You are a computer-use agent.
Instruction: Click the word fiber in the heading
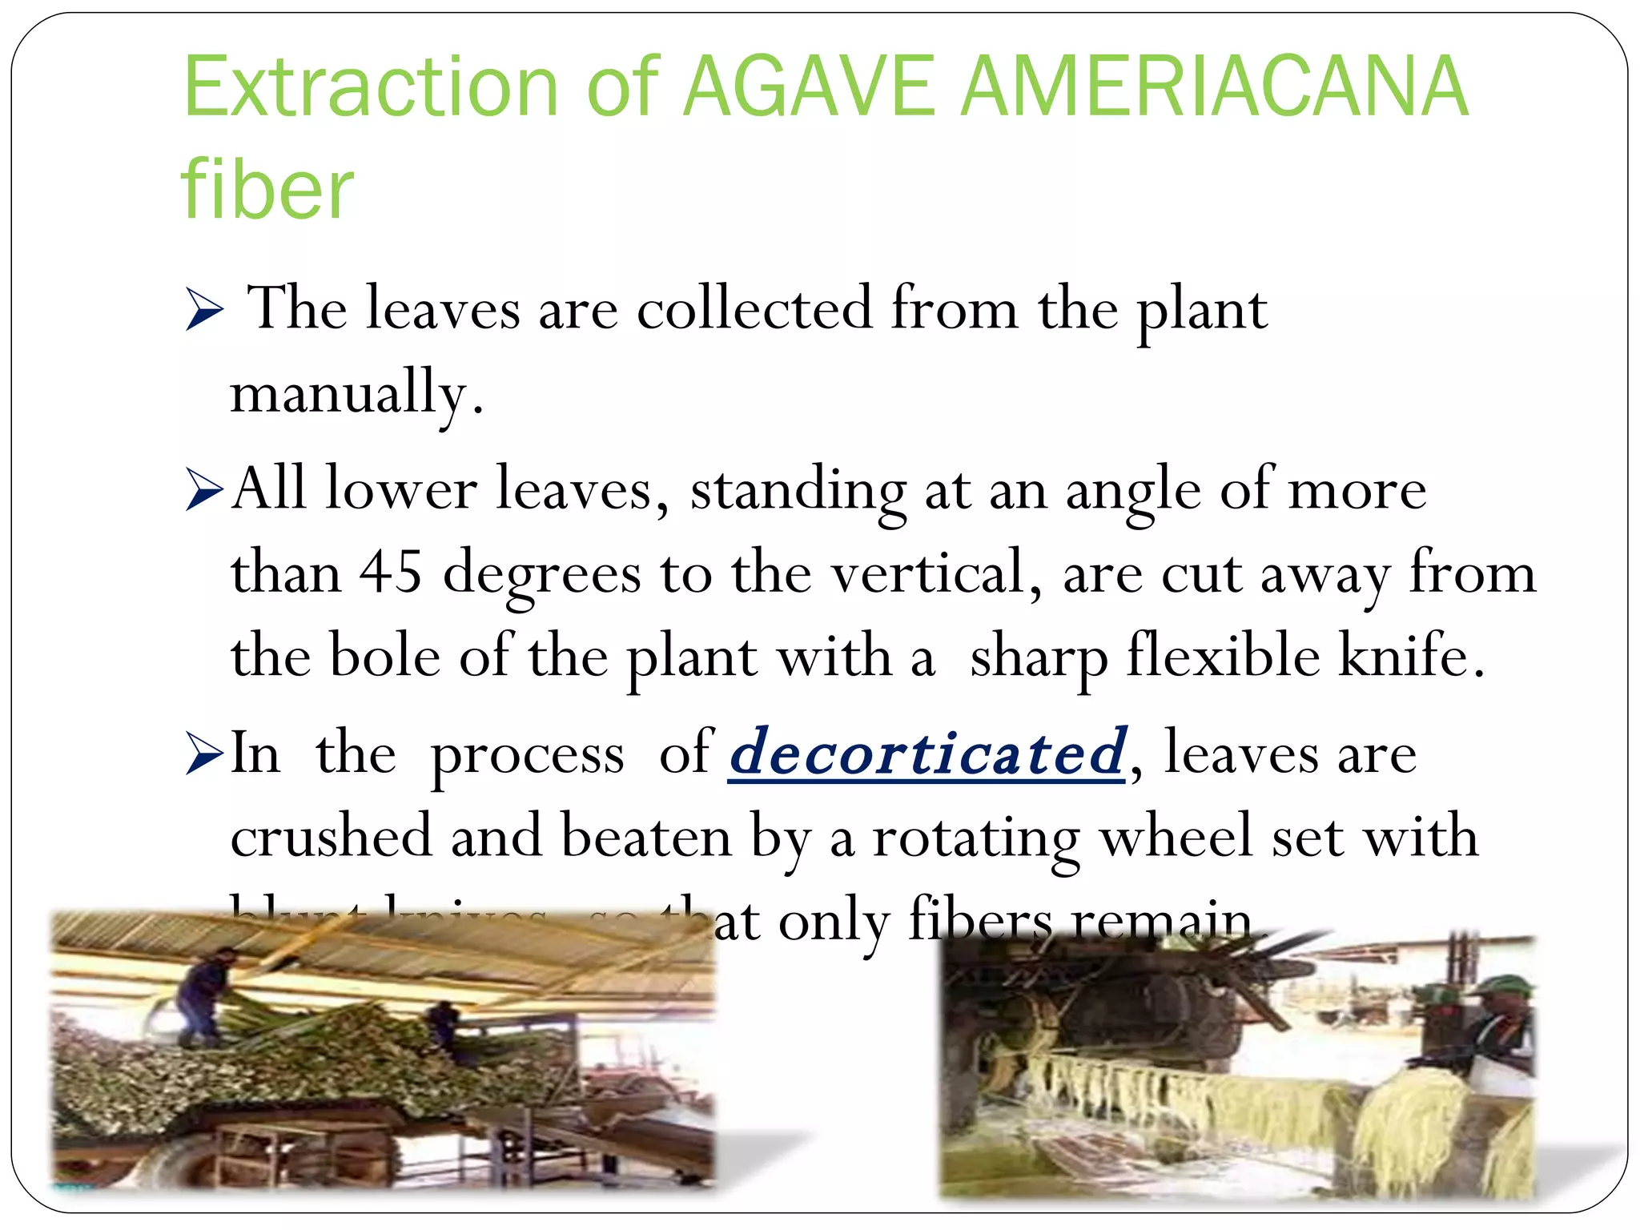pos(267,190)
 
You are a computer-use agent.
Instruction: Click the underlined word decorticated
pos(927,753)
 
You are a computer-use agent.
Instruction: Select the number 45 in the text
pos(391,573)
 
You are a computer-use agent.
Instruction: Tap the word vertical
pos(929,573)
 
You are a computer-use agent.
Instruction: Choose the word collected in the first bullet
pos(754,309)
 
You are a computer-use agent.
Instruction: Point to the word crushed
pos(331,838)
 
